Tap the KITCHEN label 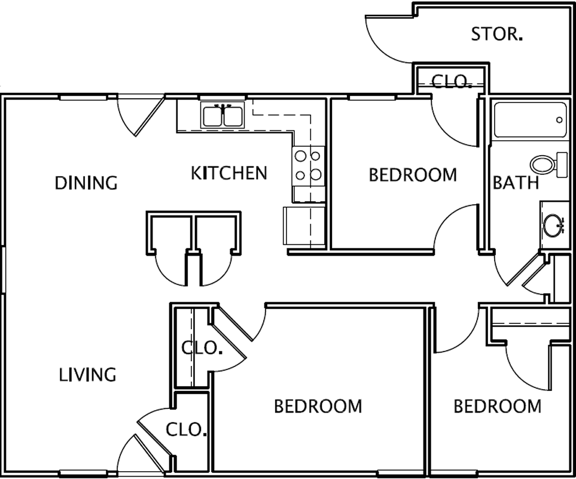[229, 173]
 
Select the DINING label [86, 183]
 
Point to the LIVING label [87, 375]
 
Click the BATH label [516, 183]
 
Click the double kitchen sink [223, 115]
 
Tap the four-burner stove [309, 166]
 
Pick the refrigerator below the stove [304, 226]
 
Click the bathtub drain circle [559, 120]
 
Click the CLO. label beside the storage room [452, 81]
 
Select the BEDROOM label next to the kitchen [413, 175]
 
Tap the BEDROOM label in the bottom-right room [498, 406]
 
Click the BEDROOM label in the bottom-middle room [318, 406]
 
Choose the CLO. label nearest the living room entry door [185, 429]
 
